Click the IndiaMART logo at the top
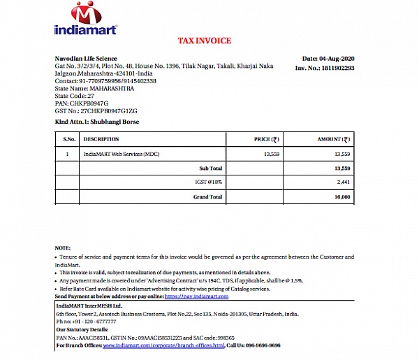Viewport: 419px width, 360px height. (85, 19)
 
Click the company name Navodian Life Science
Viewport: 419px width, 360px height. (86, 59)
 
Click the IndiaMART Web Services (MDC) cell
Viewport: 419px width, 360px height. (122, 153)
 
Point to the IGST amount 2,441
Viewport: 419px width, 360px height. (342, 182)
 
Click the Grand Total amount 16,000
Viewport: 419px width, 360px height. (341, 197)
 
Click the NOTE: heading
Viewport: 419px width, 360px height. (63, 249)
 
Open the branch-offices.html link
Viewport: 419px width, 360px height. (168, 345)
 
